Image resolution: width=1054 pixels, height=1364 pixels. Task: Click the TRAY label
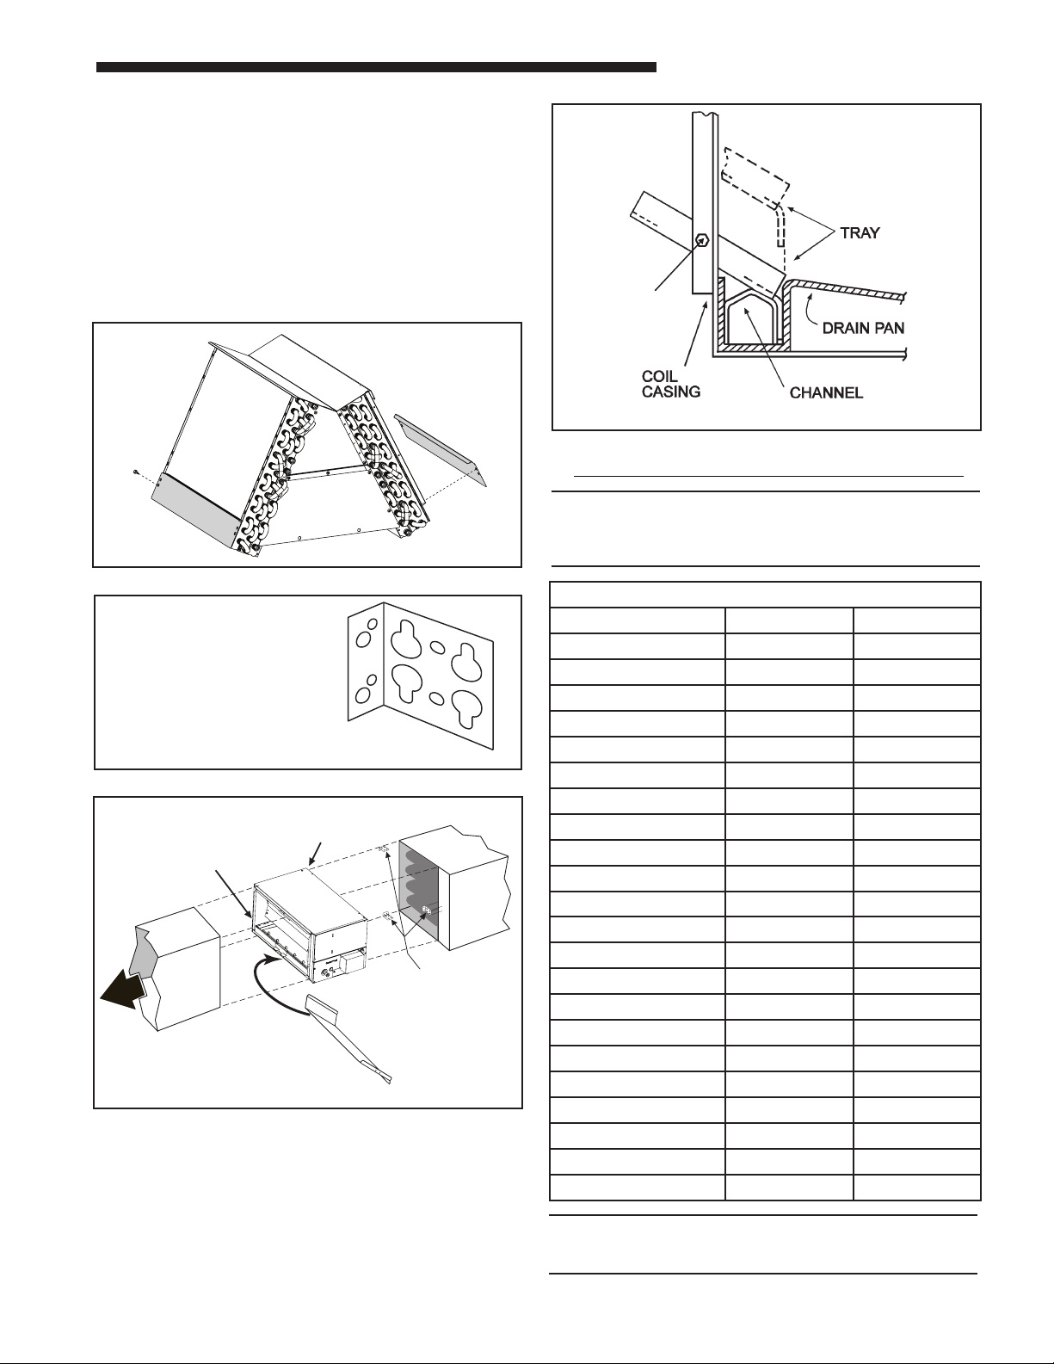click(860, 233)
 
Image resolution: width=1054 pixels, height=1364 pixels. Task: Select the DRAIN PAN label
click(861, 328)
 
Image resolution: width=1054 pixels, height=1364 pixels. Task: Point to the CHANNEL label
click(827, 393)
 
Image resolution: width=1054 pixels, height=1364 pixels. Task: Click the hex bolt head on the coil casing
click(702, 240)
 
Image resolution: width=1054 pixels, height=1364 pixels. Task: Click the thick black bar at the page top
click(376, 66)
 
